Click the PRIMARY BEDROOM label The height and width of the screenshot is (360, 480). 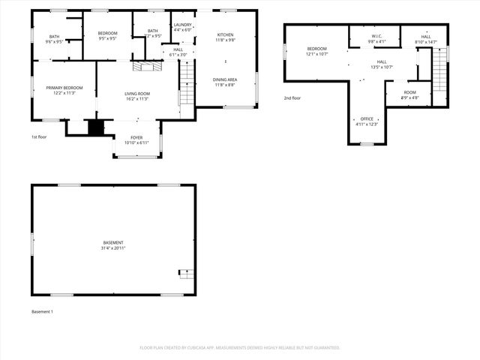(x=64, y=88)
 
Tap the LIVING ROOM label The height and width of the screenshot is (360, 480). (x=136, y=93)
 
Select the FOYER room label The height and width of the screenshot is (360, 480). (x=136, y=137)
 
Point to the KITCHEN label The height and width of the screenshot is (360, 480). (x=226, y=34)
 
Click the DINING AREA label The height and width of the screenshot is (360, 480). (x=226, y=79)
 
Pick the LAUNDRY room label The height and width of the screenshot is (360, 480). (x=182, y=25)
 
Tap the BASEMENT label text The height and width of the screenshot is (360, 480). (x=113, y=242)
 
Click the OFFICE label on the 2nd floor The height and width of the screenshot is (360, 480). (x=367, y=118)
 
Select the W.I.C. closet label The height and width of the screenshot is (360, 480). (x=376, y=36)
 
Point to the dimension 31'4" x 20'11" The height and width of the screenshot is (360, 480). (x=113, y=247)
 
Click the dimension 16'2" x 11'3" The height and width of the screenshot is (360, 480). (x=136, y=98)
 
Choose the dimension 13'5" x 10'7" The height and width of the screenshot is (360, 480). (x=382, y=67)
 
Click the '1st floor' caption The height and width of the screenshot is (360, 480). (x=40, y=137)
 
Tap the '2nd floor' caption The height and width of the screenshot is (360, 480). (x=292, y=98)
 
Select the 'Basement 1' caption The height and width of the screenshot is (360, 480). (x=42, y=311)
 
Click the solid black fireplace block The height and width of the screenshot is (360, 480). (x=95, y=127)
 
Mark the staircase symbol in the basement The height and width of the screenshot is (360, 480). (x=185, y=273)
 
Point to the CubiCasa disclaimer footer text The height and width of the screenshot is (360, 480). (x=240, y=347)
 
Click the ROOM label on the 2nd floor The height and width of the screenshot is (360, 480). (x=409, y=92)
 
